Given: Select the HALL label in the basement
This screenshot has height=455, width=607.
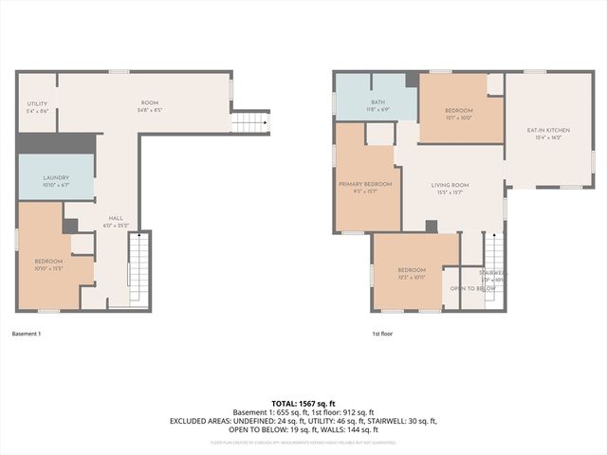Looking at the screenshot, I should [116, 218].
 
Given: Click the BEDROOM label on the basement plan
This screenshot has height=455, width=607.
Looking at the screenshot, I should [48, 262].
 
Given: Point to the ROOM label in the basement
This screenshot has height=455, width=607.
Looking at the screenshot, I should [150, 102].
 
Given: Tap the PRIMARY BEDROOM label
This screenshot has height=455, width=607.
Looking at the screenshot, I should [365, 183].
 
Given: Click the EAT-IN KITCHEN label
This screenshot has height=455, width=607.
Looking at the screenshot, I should [548, 130].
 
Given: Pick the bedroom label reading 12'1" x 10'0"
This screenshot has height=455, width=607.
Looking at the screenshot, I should [459, 111].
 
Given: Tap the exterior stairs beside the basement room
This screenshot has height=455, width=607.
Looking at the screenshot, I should [250, 122].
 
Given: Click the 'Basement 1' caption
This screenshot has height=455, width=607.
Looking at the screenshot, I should [26, 334].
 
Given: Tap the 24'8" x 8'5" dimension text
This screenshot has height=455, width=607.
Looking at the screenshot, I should [150, 109].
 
